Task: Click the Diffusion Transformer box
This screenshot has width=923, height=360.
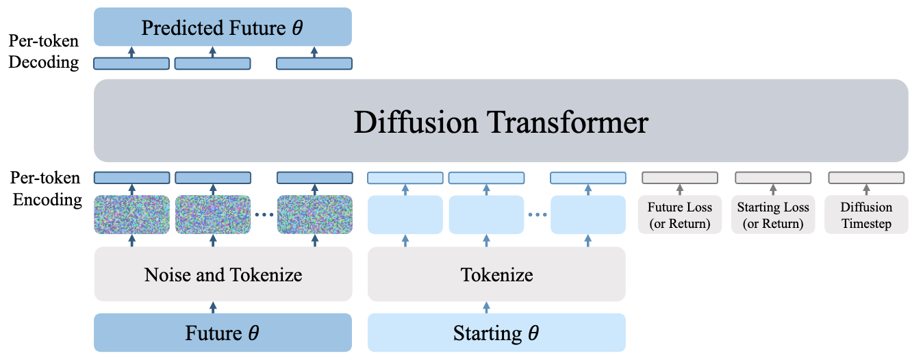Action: point(501,121)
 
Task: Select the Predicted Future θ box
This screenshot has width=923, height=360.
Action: point(223,28)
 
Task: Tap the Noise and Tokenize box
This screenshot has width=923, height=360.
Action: point(223,274)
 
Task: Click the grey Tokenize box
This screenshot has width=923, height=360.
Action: point(496,274)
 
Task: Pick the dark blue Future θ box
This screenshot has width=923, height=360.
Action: point(223,333)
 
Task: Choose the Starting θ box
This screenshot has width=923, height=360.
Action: point(496,333)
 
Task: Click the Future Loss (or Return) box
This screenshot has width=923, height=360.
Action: point(680,215)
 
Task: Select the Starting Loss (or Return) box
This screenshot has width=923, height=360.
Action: point(773,215)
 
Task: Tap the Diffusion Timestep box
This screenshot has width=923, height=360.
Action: point(866,215)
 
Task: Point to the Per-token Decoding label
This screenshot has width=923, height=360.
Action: point(44,52)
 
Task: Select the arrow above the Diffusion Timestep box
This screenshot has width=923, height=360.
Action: point(866,190)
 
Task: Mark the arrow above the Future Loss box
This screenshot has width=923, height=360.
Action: point(680,190)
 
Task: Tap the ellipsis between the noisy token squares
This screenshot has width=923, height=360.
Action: point(265,215)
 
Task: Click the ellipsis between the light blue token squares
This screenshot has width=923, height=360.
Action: point(538,215)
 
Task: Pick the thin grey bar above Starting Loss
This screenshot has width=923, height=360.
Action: point(773,178)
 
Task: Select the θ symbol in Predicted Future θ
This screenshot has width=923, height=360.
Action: point(297,29)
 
